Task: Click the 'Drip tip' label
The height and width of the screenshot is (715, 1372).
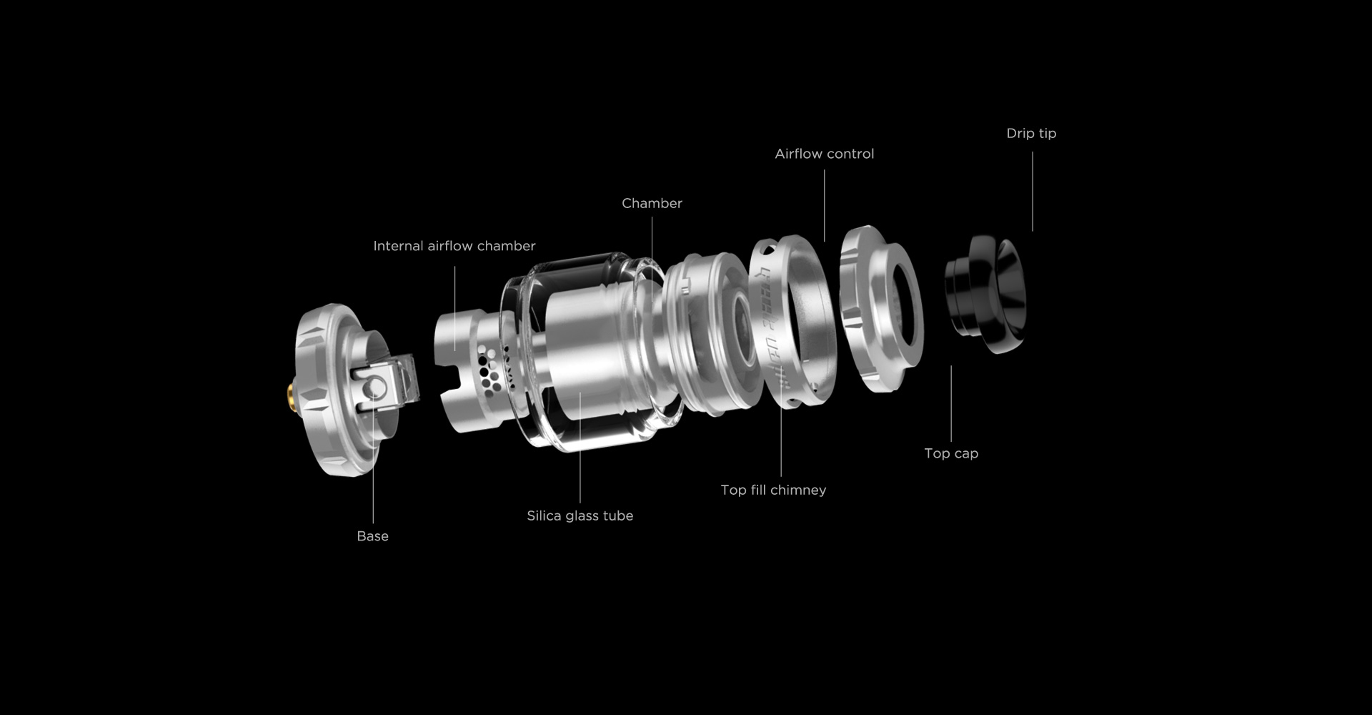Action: click(1031, 134)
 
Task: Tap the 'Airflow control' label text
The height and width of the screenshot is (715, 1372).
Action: click(825, 154)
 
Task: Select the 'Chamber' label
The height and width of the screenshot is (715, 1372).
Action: click(652, 203)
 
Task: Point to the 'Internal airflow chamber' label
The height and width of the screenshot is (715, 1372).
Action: click(454, 246)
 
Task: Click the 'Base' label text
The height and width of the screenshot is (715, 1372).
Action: click(372, 536)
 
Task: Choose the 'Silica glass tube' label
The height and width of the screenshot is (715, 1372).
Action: click(580, 516)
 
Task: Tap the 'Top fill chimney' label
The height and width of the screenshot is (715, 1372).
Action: click(773, 490)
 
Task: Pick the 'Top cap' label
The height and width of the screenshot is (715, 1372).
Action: click(951, 453)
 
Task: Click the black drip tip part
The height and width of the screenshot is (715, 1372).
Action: click(986, 293)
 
